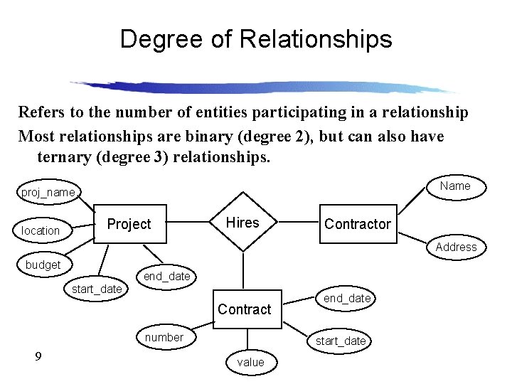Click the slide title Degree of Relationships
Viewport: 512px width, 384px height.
(x=256, y=38)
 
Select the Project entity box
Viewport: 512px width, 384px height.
(x=129, y=224)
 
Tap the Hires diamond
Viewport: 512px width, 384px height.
(x=243, y=223)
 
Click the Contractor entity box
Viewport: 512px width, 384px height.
(x=358, y=224)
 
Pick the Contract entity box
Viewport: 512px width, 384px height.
(x=244, y=309)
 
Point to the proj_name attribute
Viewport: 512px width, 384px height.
(x=48, y=193)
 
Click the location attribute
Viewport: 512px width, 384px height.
(x=41, y=230)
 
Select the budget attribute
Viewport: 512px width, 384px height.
(x=43, y=265)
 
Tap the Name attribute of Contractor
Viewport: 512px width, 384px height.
(x=455, y=186)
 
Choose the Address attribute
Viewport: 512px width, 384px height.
(x=456, y=247)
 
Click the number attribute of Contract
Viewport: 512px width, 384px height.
(x=164, y=337)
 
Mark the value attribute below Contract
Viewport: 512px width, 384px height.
(x=250, y=362)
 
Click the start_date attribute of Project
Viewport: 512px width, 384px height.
(x=97, y=289)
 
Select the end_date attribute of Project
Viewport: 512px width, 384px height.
(x=166, y=276)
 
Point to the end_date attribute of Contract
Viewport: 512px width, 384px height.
(x=347, y=298)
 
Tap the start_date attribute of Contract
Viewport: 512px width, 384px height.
(x=341, y=341)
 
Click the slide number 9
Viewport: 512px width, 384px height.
(x=38, y=356)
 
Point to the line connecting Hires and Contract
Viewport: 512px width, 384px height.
(x=244, y=270)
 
